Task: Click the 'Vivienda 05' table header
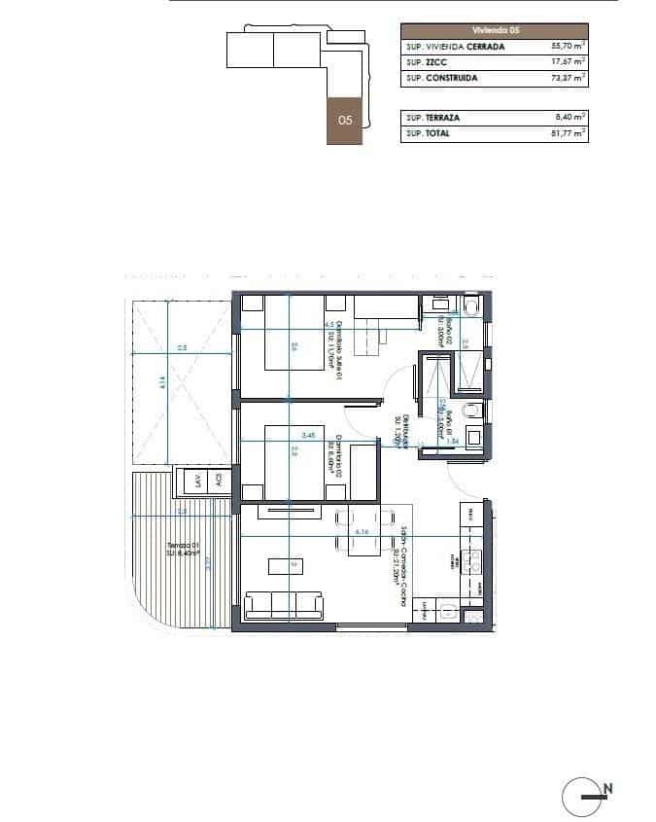click(x=494, y=30)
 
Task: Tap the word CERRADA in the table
click(x=486, y=46)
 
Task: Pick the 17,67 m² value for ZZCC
click(x=568, y=61)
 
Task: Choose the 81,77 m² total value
click(x=568, y=133)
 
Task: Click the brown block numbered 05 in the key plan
click(x=344, y=121)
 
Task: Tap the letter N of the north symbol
click(x=607, y=788)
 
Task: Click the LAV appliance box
click(x=198, y=480)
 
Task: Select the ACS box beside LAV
click(x=219, y=480)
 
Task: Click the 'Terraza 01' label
click(x=183, y=551)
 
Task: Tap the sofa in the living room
click(x=284, y=605)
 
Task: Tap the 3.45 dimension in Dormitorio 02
click(x=309, y=435)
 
